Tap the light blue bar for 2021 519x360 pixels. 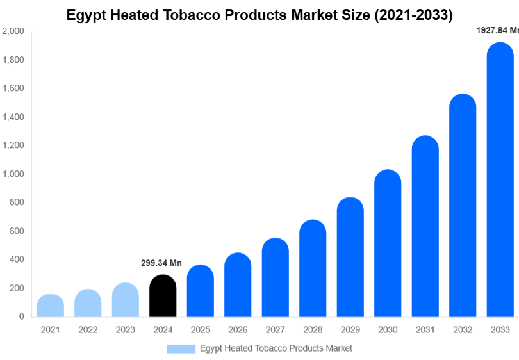click(51, 306)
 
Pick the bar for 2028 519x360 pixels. click(313, 268)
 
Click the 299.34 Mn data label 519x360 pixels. click(161, 263)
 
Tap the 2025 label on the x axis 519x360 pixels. click(201, 330)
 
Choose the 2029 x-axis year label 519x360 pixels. click(350, 330)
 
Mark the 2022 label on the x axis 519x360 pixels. click(88, 330)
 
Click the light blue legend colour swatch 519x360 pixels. click(181, 348)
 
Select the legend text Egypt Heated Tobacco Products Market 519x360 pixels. click(276, 348)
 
